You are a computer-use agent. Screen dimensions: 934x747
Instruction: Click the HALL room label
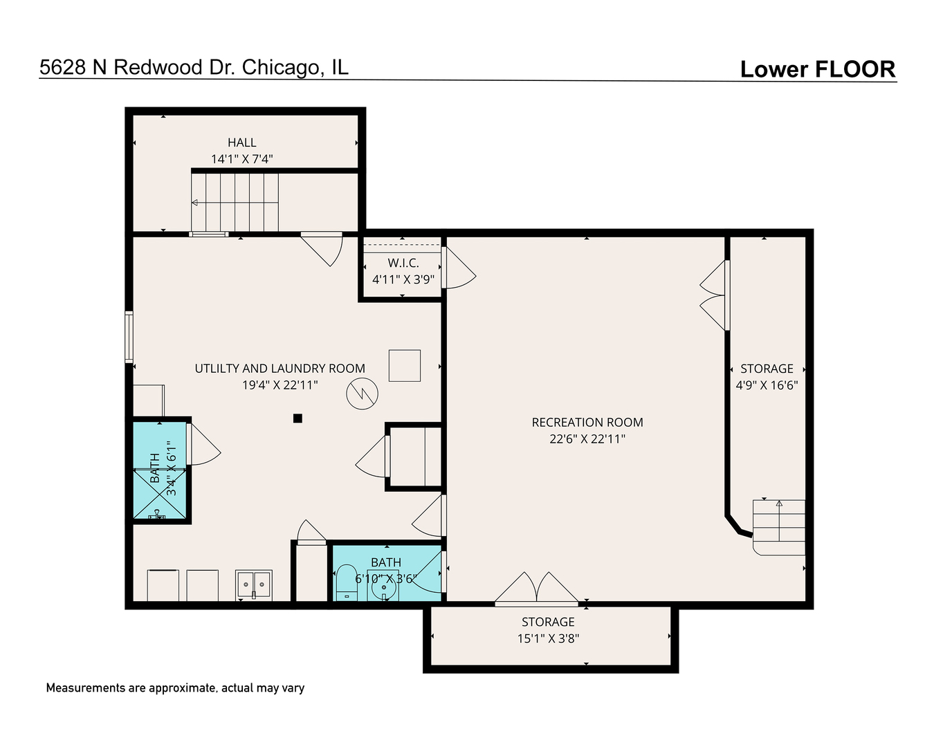(241, 142)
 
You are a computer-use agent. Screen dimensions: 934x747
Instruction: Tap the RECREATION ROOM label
(587, 423)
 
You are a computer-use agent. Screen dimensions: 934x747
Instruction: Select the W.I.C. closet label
(403, 263)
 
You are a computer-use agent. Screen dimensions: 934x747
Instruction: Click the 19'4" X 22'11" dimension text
(280, 385)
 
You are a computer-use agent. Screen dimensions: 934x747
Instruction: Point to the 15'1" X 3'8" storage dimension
(548, 638)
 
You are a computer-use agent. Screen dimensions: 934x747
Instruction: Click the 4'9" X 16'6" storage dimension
(767, 385)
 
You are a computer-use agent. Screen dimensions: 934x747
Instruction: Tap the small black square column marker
(297, 418)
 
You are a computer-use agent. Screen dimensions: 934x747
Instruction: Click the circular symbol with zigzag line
(362, 394)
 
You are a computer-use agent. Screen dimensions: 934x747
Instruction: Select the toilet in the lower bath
(347, 582)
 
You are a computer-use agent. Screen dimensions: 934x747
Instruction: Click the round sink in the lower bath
(384, 588)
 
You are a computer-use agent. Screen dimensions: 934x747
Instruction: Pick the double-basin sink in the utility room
(253, 584)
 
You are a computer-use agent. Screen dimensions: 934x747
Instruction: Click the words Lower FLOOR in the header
(818, 69)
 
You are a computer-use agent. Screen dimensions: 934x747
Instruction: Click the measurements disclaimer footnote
(175, 688)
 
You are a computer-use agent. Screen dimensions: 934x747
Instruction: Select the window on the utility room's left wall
(129, 337)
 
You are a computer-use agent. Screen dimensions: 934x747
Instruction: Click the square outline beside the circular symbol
(405, 365)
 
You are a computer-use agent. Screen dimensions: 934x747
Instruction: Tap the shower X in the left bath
(159, 494)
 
